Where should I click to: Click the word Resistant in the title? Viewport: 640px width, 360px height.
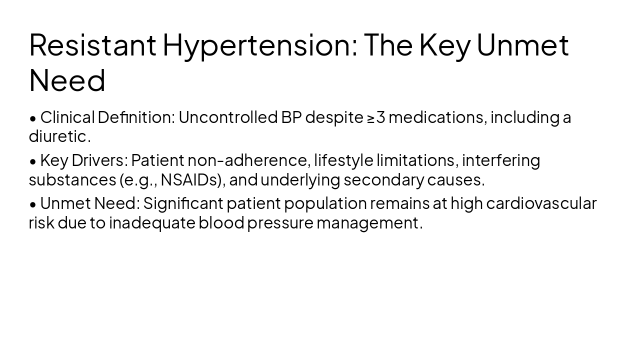92,44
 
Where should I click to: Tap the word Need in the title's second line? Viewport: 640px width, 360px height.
67,80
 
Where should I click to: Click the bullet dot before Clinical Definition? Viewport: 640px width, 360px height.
33,118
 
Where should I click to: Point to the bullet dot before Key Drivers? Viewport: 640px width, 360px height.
33,161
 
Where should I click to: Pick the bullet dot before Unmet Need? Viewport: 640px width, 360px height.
33,204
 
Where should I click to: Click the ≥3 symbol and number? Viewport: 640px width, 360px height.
376,117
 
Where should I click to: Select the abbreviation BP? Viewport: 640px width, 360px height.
291,117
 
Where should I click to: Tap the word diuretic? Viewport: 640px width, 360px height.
59,136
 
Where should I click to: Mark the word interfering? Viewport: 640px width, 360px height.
501,160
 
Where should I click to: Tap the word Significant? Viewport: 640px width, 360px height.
183,203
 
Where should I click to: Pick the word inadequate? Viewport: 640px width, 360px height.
152,222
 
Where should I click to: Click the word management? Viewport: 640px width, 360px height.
369,222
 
